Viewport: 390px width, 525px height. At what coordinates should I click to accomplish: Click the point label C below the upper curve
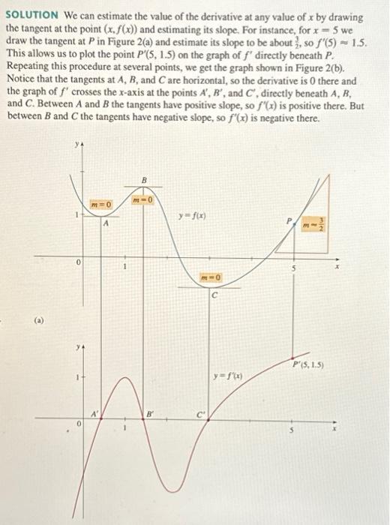click(x=214, y=295)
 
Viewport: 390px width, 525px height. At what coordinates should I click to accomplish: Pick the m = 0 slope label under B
click(x=142, y=200)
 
